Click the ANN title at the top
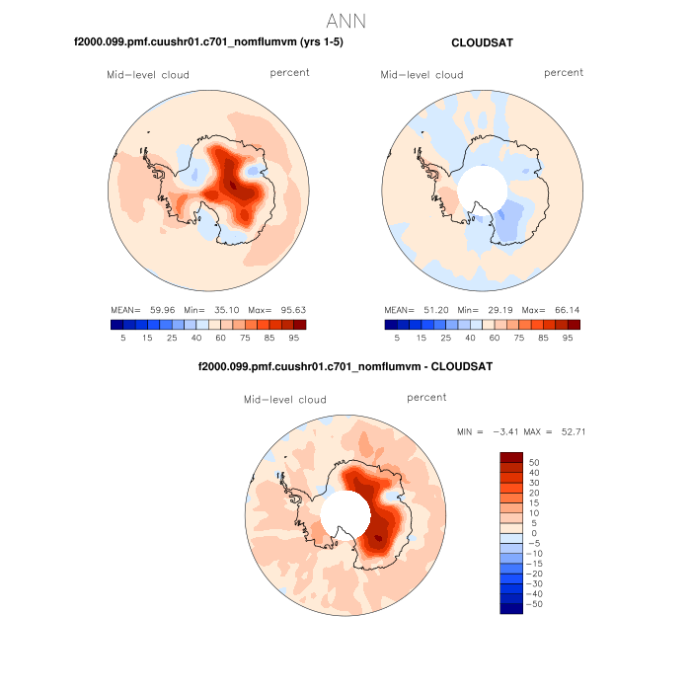pyautogui.click(x=345, y=20)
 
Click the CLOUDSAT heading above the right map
pyautogui.click(x=482, y=43)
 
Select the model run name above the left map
pyautogui.click(x=208, y=43)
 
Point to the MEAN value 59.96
pyautogui.click(x=161, y=309)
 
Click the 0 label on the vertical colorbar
pyautogui.click(x=533, y=532)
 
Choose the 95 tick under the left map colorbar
pyautogui.click(x=294, y=337)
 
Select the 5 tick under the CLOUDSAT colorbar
pyautogui.click(x=397, y=337)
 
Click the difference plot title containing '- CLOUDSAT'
pyautogui.click(x=345, y=367)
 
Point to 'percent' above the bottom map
pyautogui.click(x=426, y=397)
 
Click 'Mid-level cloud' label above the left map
pyautogui.click(x=148, y=74)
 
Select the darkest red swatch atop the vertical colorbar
pyautogui.click(x=511, y=457)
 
